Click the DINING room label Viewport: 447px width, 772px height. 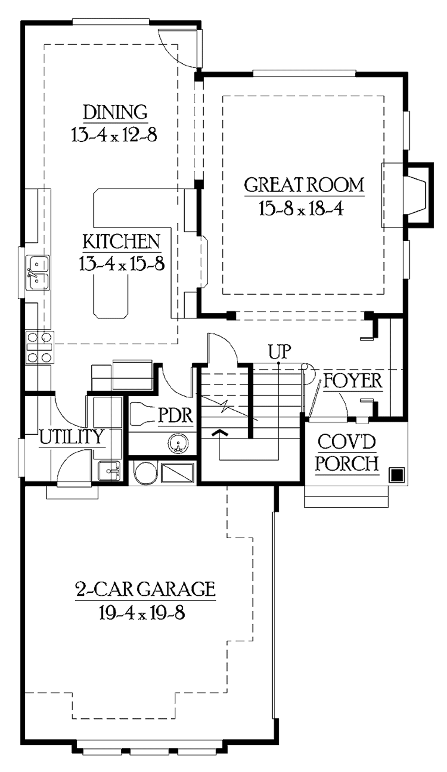point(115,112)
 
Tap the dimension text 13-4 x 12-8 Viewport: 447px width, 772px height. point(114,135)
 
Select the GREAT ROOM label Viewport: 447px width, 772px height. point(304,185)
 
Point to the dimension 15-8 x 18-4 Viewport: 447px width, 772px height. point(301,209)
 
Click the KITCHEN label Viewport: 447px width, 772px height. point(121,242)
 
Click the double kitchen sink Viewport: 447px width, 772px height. point(38,273)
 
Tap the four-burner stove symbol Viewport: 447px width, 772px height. point(40,347)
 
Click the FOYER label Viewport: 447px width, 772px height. point(353,381)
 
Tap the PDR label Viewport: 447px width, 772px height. point(175,415)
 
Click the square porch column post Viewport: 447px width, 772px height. point(396,474)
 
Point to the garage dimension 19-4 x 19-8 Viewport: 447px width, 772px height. point(142,613)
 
